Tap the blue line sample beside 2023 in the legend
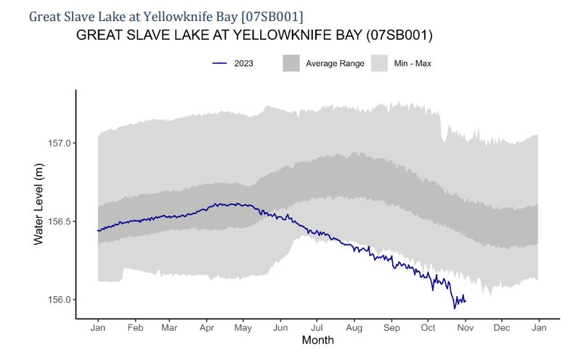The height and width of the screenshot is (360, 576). coord(221,64)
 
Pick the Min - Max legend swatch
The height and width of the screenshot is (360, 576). coord(380,64)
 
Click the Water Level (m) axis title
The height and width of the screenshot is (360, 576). coord(40,203)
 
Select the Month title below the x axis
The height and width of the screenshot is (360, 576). coord(317,340)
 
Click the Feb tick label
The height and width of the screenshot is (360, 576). coord(135,327)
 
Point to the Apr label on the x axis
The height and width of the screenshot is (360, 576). coord(206,327)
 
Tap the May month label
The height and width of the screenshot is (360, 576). coord(243,327)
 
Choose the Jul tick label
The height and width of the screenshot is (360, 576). coord(317,327)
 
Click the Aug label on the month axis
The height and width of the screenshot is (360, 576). coord(354,327)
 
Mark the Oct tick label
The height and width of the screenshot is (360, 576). coord(428,327)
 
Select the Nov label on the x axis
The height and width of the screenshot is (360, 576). coord(466,327)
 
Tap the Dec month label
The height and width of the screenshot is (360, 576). coord(502,327)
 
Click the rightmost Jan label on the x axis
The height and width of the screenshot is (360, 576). coord(538,327)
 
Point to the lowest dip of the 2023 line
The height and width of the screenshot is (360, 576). coord(455,308)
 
